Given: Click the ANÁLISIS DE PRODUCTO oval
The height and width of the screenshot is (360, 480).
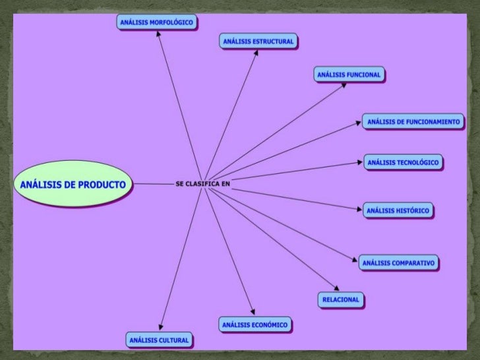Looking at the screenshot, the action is coord(73,184).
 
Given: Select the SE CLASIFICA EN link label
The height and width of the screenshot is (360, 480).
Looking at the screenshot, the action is coord(203,184).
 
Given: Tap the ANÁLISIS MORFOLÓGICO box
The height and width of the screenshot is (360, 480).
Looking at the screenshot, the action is coord(157,22).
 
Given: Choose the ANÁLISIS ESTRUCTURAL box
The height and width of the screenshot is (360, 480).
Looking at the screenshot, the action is coord(258,42).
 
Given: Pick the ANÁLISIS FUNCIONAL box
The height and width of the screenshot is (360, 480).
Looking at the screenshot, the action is coord(349,75).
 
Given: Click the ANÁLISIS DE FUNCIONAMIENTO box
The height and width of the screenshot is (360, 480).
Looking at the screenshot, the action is coord(413,121).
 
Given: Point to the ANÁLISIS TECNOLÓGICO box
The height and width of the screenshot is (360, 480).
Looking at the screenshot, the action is coord(402,162).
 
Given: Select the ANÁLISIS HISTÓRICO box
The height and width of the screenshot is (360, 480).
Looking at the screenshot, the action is coord(398,210).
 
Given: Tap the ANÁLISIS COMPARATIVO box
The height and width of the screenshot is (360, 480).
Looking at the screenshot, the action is coord(399,262).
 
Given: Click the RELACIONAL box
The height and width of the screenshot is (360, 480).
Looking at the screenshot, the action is coord(341,299).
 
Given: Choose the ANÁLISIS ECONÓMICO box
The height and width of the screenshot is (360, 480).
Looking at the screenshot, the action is coord(255,324).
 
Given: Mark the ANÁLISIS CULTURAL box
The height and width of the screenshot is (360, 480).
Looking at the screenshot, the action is coord(159,340).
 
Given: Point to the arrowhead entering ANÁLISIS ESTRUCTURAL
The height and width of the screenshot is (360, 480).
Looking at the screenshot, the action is coord(256,53).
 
